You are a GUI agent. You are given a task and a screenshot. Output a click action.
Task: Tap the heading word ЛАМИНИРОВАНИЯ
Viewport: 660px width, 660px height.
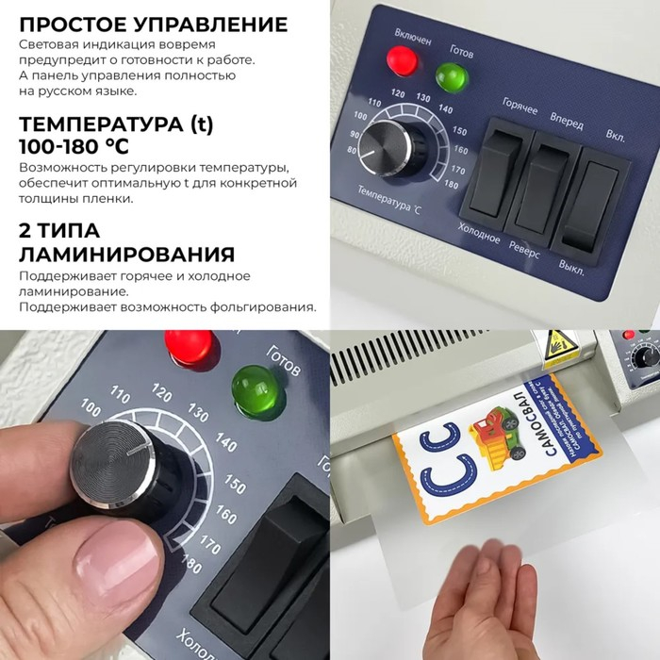127,255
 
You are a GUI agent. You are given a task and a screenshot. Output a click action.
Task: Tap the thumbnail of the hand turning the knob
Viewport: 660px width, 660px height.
164,495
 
